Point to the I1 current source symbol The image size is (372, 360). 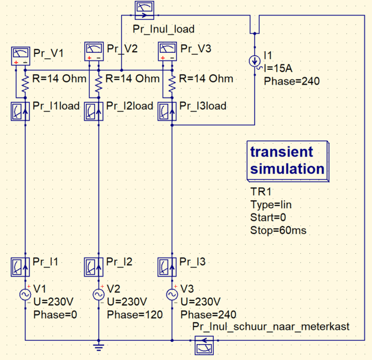tap(255, 61)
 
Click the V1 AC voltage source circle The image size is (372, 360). tap(25, 295)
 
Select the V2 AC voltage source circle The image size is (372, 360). tap(98, 295)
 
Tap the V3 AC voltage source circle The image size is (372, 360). tap(171, 295)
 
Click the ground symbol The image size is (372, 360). tap(98, 346)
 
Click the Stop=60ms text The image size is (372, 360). tap(278, 231)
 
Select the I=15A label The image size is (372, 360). tap(279, 68)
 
